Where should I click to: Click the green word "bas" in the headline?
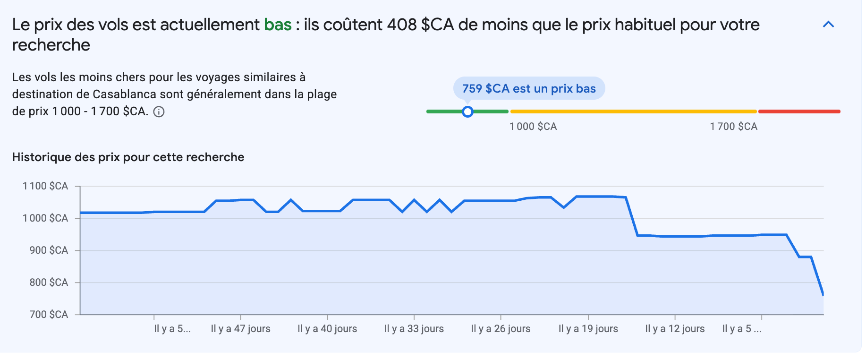278,25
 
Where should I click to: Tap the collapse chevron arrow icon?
828,25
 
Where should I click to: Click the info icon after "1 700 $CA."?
159,112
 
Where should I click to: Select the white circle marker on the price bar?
467,111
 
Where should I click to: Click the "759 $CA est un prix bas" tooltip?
529,88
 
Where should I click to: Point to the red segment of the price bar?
799,111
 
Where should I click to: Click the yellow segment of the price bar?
633,111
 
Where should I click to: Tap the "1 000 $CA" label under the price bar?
533,127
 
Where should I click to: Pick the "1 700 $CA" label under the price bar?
733,127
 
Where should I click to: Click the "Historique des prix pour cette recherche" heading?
128,157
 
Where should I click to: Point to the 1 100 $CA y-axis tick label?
45,186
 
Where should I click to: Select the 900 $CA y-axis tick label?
49,250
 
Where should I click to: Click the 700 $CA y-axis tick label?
49,315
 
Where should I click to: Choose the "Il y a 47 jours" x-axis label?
240,329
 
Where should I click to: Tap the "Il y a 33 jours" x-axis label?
414,329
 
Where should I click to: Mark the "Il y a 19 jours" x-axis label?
588,329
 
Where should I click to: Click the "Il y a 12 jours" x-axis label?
675,329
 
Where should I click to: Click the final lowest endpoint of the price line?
823,295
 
